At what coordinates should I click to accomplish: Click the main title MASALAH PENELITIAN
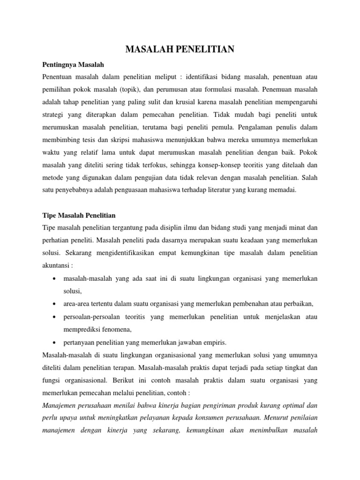(180, 49)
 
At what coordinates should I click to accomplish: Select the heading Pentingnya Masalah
(73, 64)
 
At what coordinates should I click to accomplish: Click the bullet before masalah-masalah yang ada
(55, 279)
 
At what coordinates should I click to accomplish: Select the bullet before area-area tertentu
(55, 304)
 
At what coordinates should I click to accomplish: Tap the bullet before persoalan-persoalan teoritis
(55, 317)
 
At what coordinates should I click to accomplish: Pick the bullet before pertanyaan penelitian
(55, 342)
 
